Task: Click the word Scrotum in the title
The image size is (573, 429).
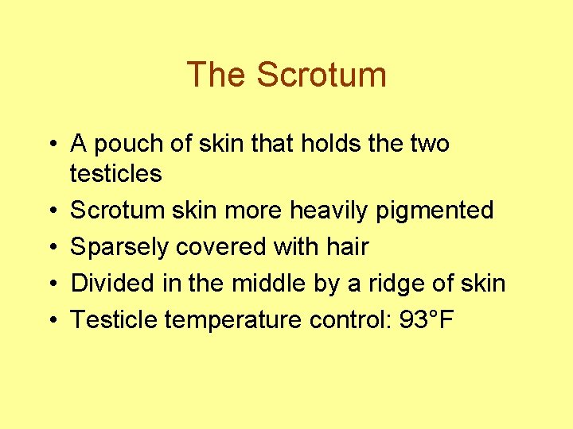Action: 322,75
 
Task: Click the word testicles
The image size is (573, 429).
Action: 116,173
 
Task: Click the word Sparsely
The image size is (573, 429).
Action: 119,247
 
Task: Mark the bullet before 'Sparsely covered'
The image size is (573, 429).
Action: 50,248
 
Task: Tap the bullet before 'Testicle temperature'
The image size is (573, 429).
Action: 50,321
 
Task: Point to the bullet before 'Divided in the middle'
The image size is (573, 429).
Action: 50,284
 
